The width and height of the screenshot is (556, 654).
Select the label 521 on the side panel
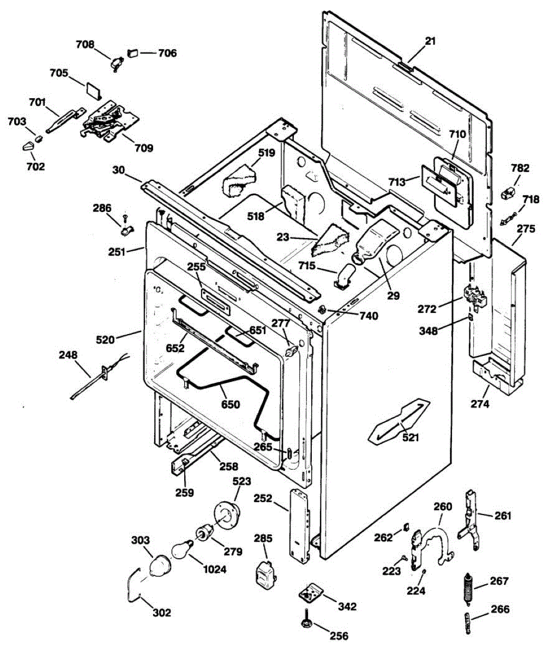coord(411,437)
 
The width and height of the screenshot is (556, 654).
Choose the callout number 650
coord(230,404)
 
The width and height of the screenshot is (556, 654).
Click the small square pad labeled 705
coord(93,90)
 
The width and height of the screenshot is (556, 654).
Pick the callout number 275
coord(525,229)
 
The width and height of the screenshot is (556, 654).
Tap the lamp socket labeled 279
coord(205,533)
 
